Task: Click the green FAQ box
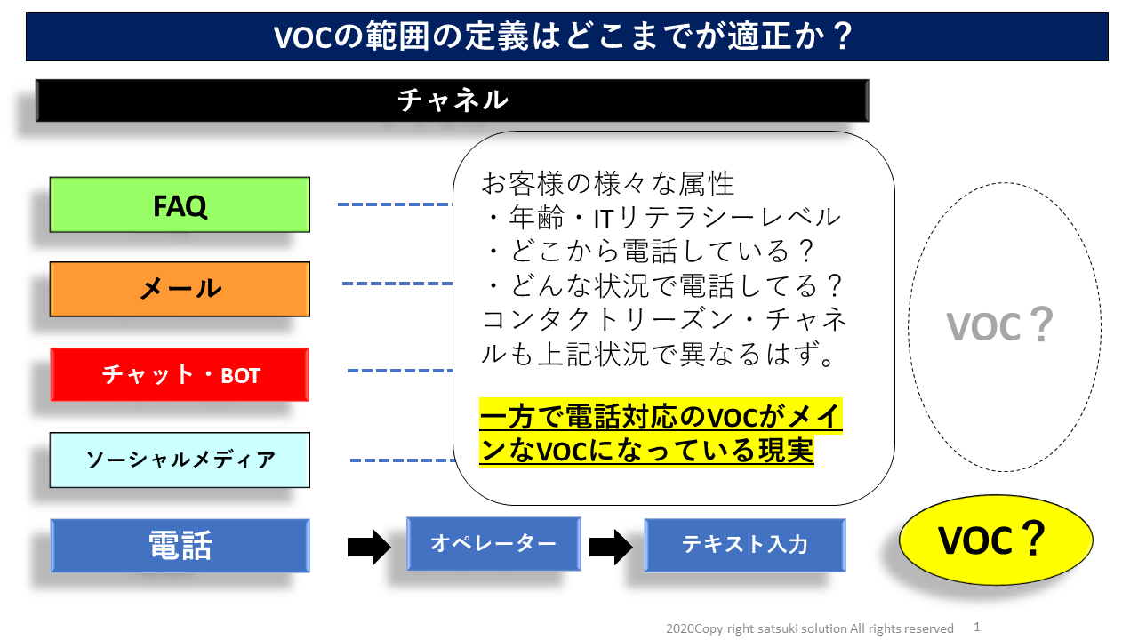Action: point(180,204)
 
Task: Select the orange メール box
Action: point(180,289)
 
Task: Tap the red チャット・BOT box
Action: point(180,375)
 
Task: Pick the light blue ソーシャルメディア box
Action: point(180,460)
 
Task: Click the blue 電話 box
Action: point(180,546)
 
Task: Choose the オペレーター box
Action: point(493,543)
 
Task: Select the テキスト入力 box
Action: point(745,545)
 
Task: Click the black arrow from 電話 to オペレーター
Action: point(369,547)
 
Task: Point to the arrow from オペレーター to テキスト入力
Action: point(611,547)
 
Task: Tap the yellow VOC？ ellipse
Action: point(996,540)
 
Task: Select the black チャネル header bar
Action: point(453,100)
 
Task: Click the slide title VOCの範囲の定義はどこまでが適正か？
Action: point(563,36)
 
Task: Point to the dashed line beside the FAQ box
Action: point(396,204)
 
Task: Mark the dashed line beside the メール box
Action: point(397,284)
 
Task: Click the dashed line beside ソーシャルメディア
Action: point(403,460)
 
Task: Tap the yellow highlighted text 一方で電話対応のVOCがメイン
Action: point(661,416)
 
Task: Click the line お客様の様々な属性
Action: point(607,183)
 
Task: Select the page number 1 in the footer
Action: point(977,627)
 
